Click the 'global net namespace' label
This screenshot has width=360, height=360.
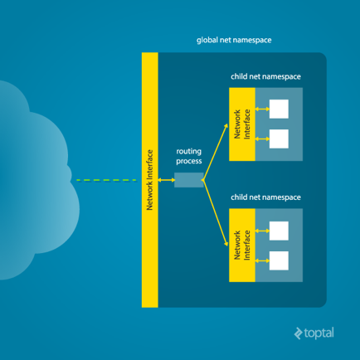click(233, 39)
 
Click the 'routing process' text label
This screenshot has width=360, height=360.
click(189, 158)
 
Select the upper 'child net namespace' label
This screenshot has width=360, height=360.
click(265, 77)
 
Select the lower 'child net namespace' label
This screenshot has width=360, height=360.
click(265, 198)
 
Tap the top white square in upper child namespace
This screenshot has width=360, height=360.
click(279, 109)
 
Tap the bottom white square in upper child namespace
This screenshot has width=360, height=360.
click(279, 139)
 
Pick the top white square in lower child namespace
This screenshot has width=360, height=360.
click(279, 230)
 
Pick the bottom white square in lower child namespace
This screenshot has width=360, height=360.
click(279, 260)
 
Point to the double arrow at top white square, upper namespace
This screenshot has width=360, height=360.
click(261, 109)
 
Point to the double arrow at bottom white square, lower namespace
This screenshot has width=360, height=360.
click(261, 260)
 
